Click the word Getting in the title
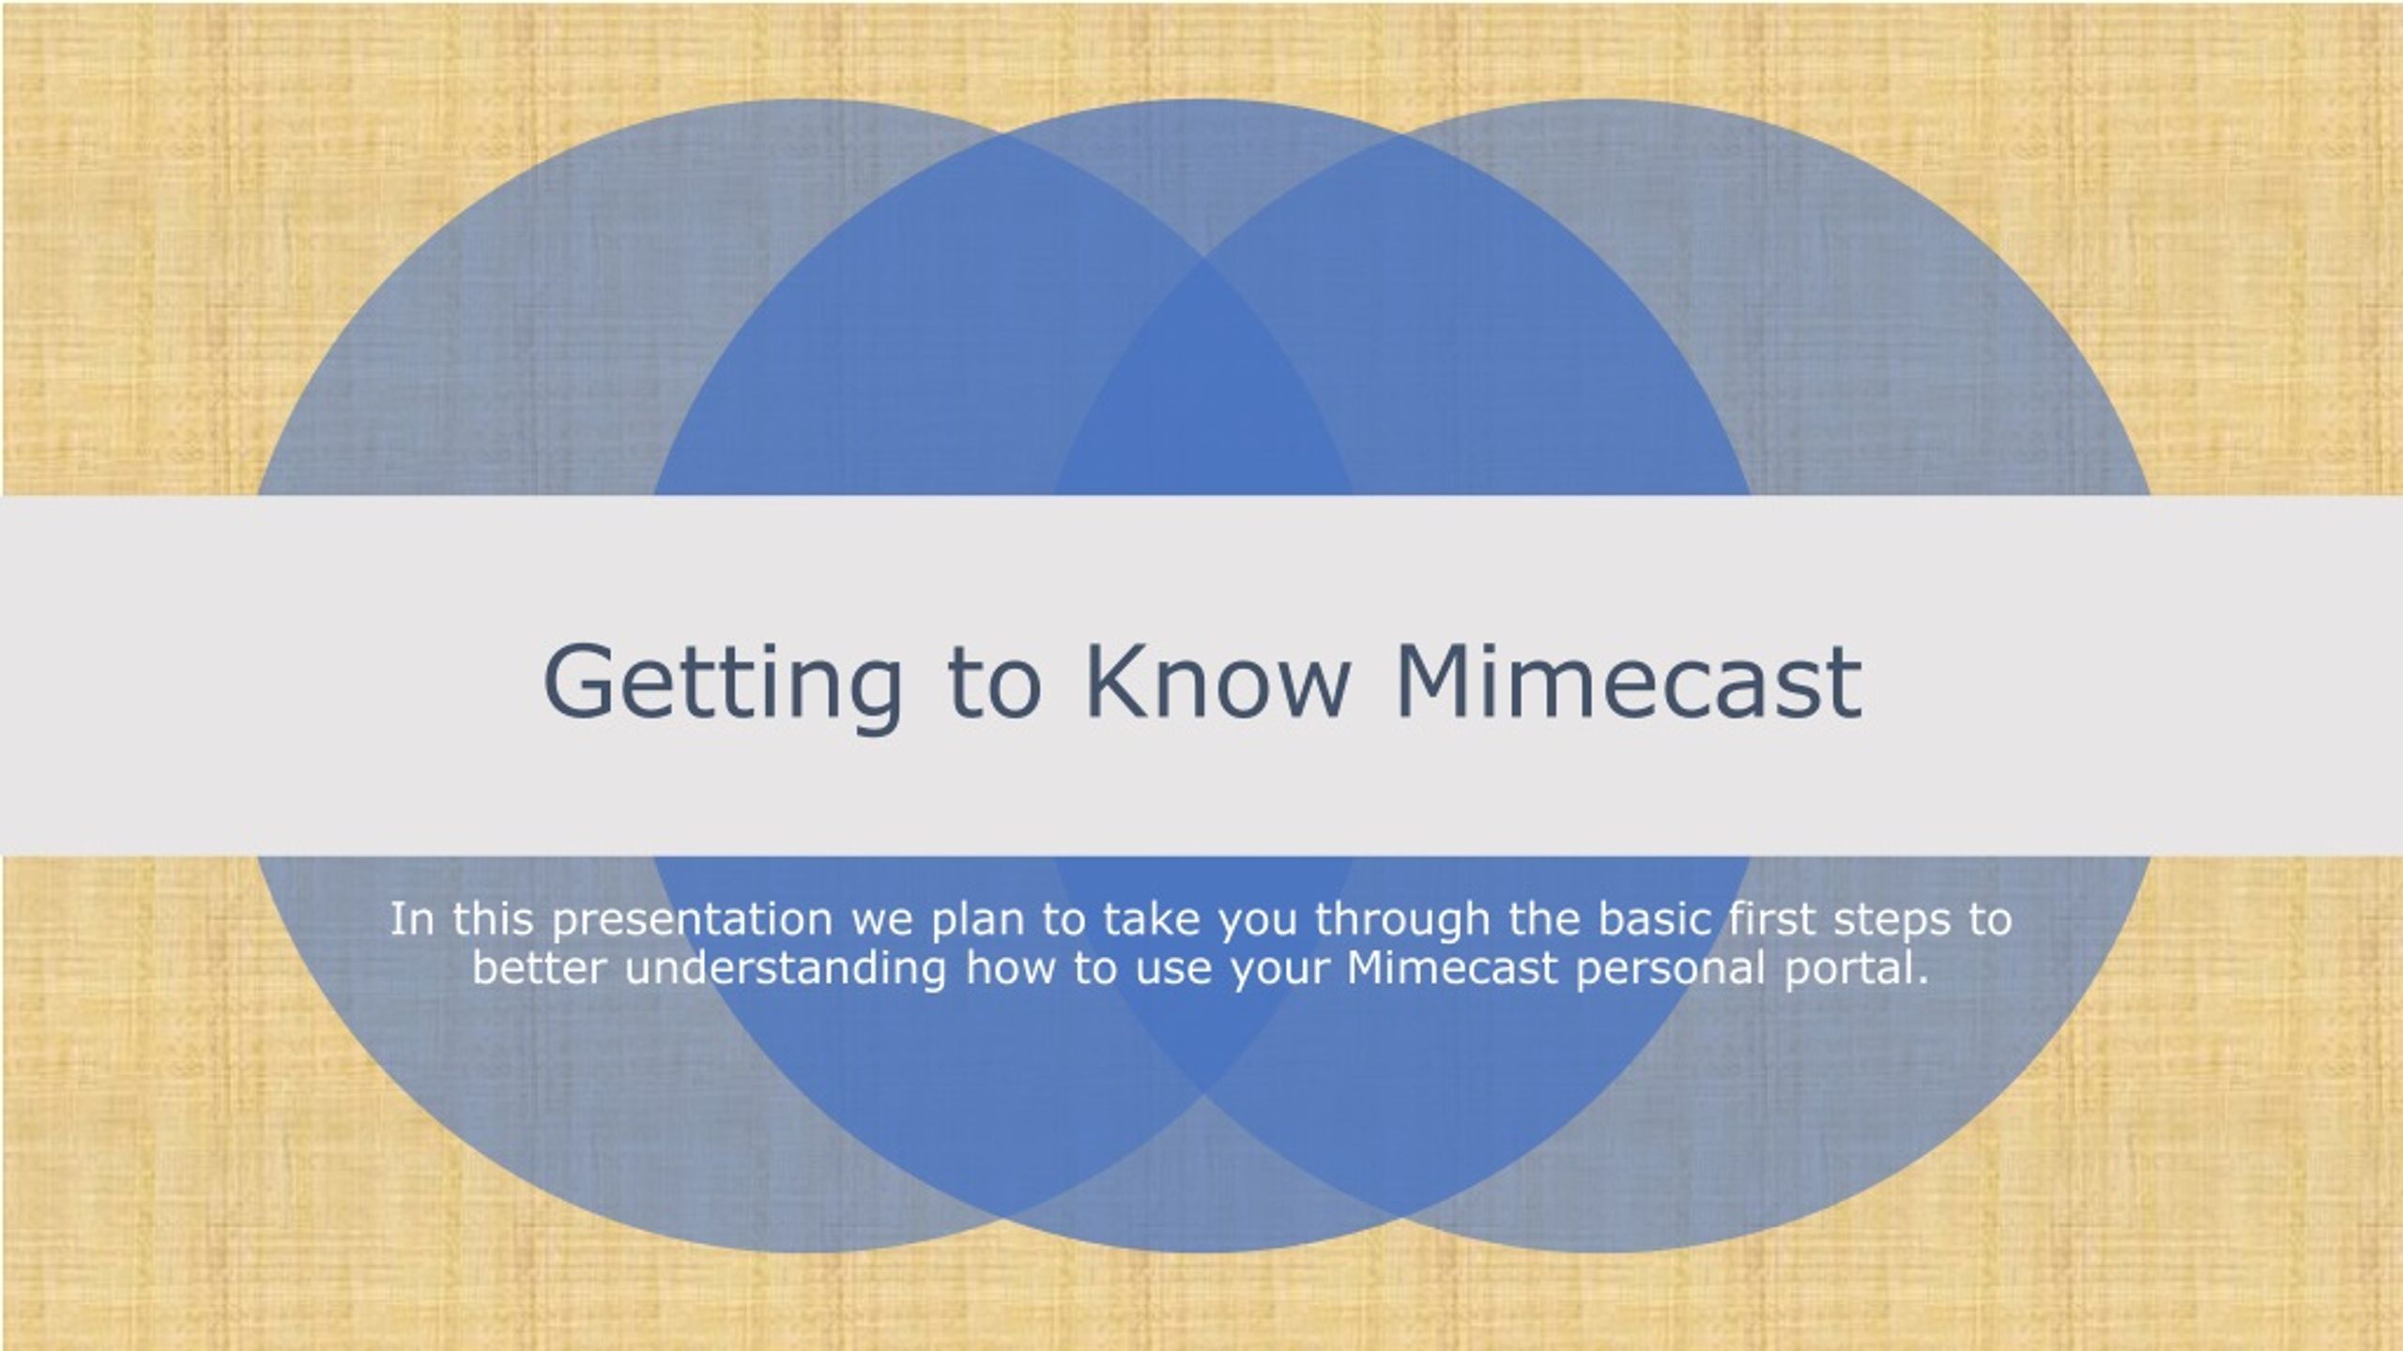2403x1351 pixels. (x=722, y=686)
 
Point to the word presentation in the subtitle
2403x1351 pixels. (x=693, y=920)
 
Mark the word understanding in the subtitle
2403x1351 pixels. (x=786, y=969)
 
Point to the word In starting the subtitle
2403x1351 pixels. (x=412, y=919)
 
